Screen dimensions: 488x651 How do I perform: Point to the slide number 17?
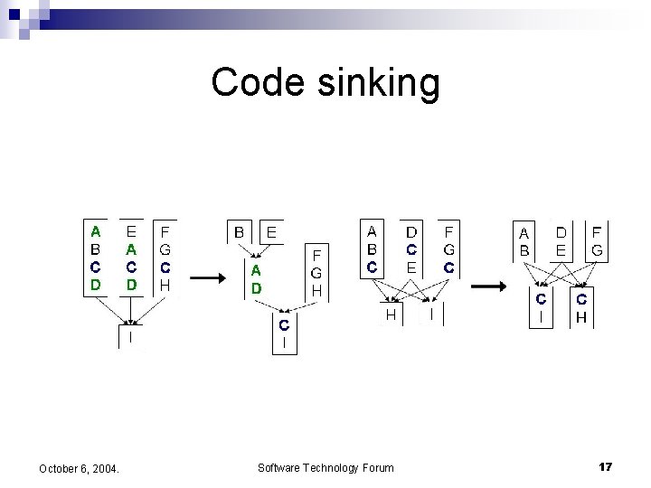(x=605, y=466)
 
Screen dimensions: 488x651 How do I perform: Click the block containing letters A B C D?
(x=96, y=257)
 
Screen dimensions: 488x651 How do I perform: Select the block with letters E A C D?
(x=132, y=257)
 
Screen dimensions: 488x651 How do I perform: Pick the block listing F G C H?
(x=165, y=257)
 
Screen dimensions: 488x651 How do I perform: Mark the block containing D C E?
(x=411, y=249)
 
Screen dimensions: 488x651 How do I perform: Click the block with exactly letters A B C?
(x=373, y=249)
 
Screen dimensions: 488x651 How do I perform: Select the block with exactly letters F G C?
(x=449, y=249)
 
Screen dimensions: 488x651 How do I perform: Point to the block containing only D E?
(x=561, y=240)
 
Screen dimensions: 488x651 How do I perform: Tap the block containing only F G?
(x=598, y=240)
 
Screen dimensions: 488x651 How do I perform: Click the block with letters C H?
(x=582, y=307)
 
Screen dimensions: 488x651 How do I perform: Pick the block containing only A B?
(x=524, y=240)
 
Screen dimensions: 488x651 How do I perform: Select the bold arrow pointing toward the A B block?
(x=489, y=286)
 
